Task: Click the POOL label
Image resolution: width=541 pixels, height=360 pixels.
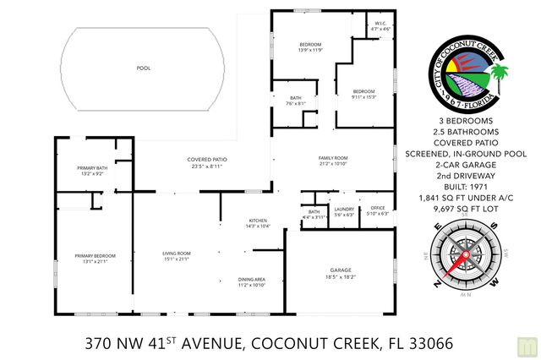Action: click(x=144, y=68)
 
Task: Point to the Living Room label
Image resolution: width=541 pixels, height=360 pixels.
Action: click(x=177, y=255)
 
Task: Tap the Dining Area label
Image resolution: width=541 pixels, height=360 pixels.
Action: click(x=251, y=282)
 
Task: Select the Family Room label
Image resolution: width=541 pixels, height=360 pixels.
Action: click(x=333, y=161)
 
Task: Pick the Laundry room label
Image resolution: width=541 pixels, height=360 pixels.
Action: click(x=343, y=210)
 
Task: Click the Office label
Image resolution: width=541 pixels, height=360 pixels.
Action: click(x=377, y=210)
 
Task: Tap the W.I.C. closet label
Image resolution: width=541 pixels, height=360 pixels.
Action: click(x=380, y=26)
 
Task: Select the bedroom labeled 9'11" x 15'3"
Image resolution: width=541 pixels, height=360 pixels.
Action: click(x=363, y=93)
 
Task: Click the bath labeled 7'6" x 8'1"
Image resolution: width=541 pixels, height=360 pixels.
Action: click(x=295, y=101)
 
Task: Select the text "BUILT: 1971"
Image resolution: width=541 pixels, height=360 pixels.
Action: click(x=463, y=185)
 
